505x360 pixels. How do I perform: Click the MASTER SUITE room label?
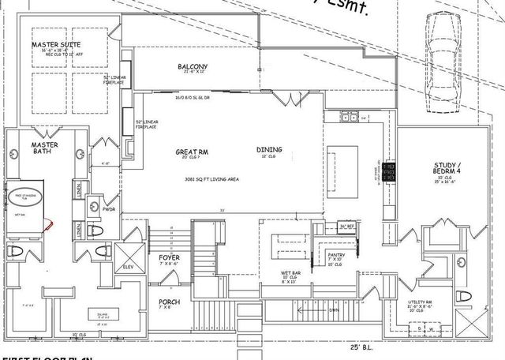(x=50, y=44)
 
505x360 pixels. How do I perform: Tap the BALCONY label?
(x=192, y=66)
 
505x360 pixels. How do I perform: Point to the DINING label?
(x=270, y=149)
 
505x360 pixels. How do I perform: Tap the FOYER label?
(x=170, y=258)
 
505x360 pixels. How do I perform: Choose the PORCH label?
(x=169, y=302)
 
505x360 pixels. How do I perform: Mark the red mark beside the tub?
(x=48, y=226)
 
